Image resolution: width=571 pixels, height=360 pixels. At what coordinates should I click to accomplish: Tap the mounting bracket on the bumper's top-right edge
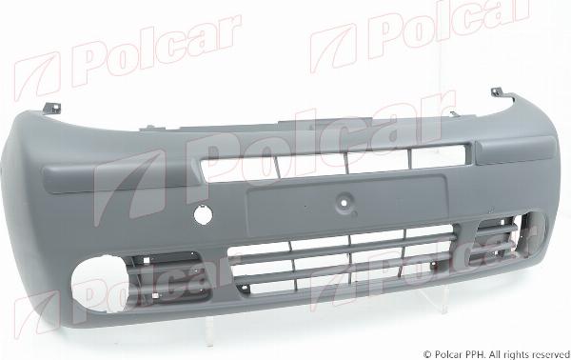click(x=498, y=93)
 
